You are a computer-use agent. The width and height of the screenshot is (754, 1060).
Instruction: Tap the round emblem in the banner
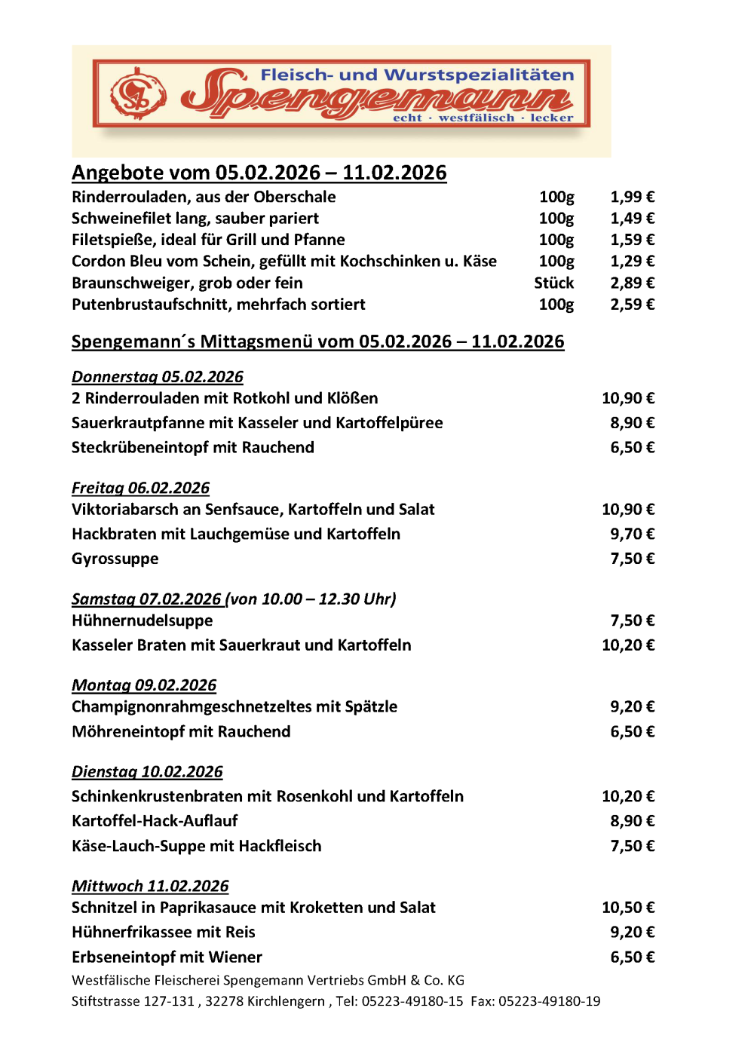click(x=138, y=94)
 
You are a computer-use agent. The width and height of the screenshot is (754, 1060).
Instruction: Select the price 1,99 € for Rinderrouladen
click(x=632, y=197)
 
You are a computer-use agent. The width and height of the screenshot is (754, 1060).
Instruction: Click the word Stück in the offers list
click(x=553, y=283)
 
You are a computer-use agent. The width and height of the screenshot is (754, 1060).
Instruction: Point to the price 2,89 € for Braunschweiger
click(x=632, y=283)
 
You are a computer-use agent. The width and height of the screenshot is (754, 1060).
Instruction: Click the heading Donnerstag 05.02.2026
click(x=158, y=377)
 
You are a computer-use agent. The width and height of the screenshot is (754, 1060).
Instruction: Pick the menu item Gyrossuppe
click(x=115, y=559)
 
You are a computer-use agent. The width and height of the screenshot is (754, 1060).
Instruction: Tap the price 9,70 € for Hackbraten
click(x=632, y=534)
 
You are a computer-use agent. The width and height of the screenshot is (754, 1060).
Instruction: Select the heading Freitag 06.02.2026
click(x=141, y=488)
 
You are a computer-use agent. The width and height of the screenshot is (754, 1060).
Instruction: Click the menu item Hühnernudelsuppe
click(x=143, y=620)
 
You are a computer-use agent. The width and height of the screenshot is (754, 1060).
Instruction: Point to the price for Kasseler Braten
click(x=628, y=645)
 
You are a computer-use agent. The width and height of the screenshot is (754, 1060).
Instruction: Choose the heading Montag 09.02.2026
click(x=144, y=685)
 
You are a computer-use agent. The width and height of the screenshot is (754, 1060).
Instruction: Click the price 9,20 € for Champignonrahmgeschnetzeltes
click(x=632, y=706)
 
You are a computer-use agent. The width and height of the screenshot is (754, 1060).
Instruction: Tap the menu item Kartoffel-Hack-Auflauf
click(x=155, y=820)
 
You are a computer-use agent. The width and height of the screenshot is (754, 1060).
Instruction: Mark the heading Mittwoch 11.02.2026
click(x=150, y=886)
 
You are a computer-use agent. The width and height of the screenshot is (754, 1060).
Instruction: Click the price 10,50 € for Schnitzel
click(x=628, y=907)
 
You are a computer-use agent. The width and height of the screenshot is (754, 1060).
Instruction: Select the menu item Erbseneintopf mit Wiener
click(x=167, y=957)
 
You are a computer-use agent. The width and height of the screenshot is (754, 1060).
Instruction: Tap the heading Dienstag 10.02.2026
click(x=147, y=771)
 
